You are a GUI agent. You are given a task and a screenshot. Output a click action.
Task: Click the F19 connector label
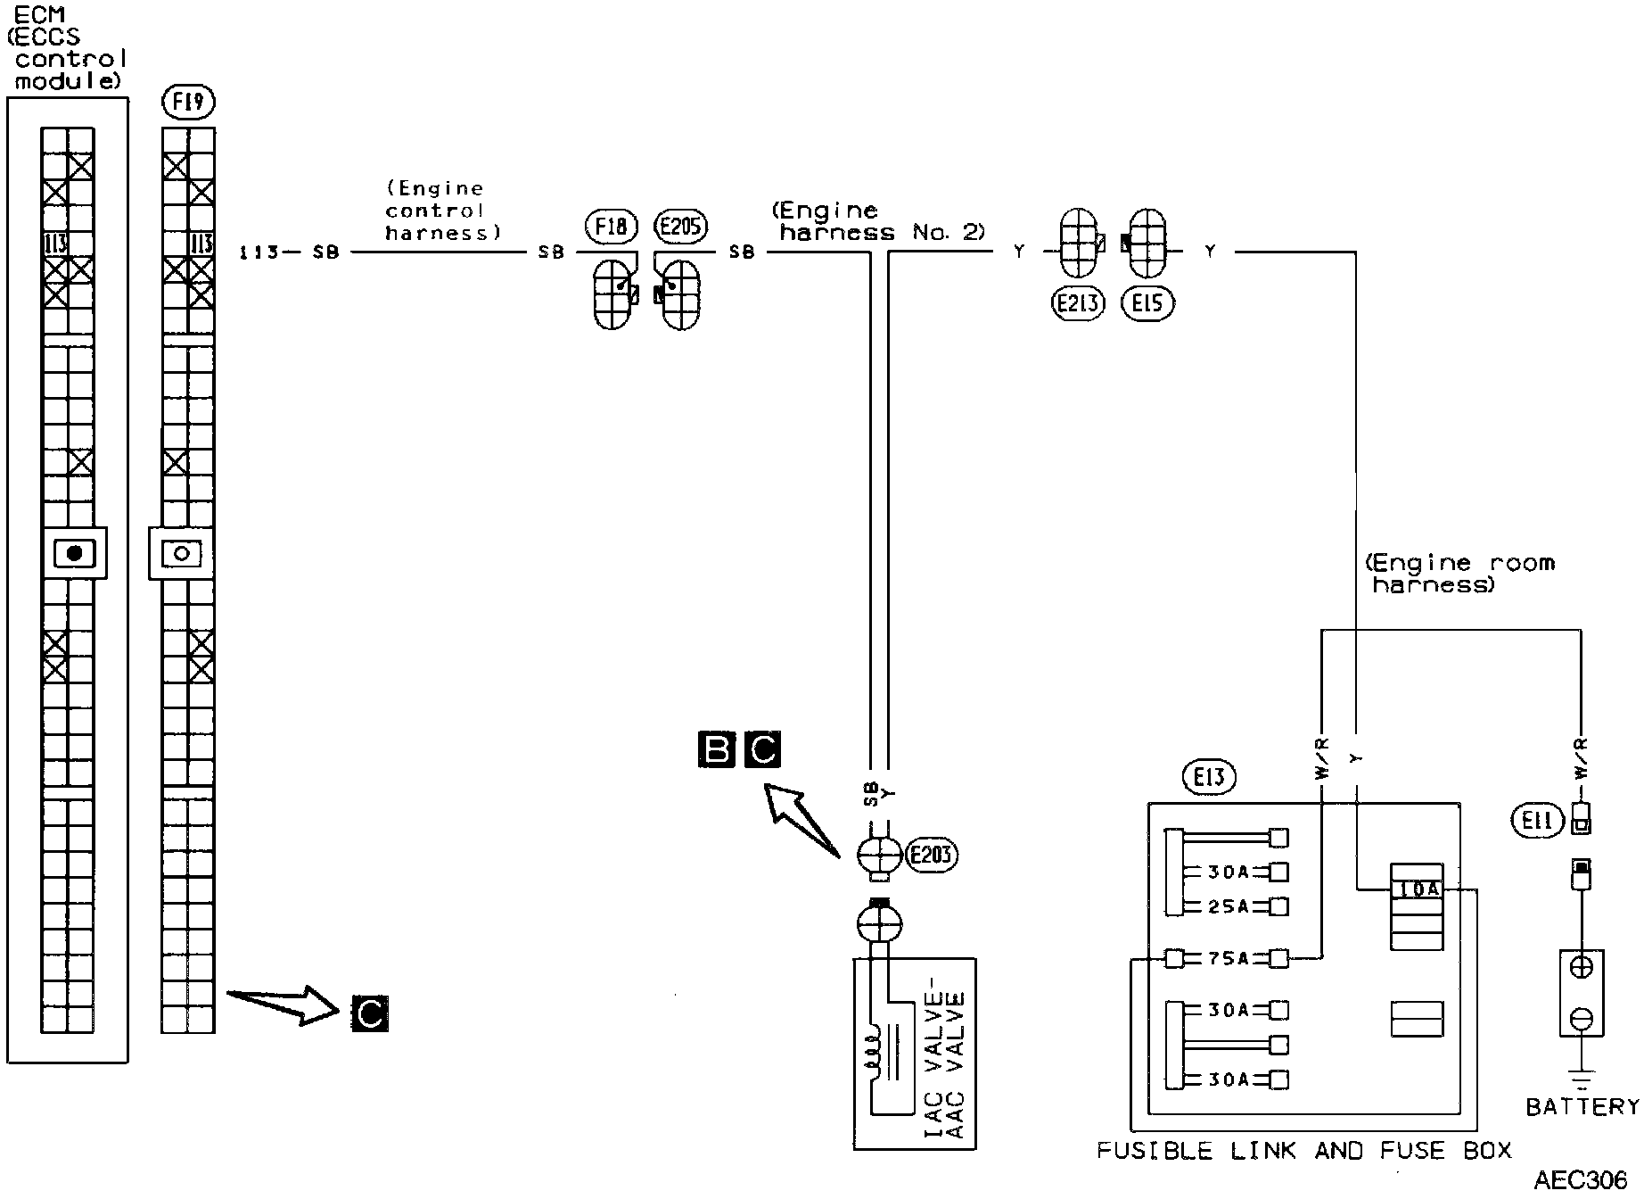pyautogui.click(x=188, y=103)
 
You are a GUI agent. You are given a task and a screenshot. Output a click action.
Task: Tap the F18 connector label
pyautogui.click(x=612, y=227)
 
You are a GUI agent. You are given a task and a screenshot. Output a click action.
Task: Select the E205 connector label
pyautogui.click(x=680, y=227)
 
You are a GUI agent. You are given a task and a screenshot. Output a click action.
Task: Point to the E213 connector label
pyautogui.click(x=1078, y=304)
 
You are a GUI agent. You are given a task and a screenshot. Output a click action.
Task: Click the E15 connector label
pyautogui.click(x=1147, y=304)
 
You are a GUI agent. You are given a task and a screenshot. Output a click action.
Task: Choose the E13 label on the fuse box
pyautogui.click(x=1209, y=777)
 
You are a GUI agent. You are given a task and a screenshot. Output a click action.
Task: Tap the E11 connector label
pyautogui.click(x=1538, y=820)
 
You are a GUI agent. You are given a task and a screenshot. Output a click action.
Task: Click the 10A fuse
pyautogui.click(x=1417, y=889)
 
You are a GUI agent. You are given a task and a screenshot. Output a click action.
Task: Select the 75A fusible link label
pyautogui.click(x=1228, y=959)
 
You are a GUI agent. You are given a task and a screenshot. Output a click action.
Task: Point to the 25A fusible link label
pyautogui.click(x=1228, y=906)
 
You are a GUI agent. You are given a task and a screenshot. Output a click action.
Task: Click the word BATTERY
pyautogui.click(x=1582, y=1107)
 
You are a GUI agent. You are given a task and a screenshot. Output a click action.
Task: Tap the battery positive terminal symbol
pyautogui.click(x=1582, y=967)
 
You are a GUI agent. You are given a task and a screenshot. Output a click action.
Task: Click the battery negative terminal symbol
pyautogui.click(x=1582, y=1016)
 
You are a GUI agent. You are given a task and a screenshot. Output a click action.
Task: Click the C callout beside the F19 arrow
pyautogui.click(x=370, y=1013)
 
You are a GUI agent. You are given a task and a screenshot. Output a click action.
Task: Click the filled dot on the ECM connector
pyautogui.click(x=75, y=553)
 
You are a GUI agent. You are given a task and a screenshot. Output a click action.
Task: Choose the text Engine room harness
pyautogui.click(x=1459, y=574)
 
